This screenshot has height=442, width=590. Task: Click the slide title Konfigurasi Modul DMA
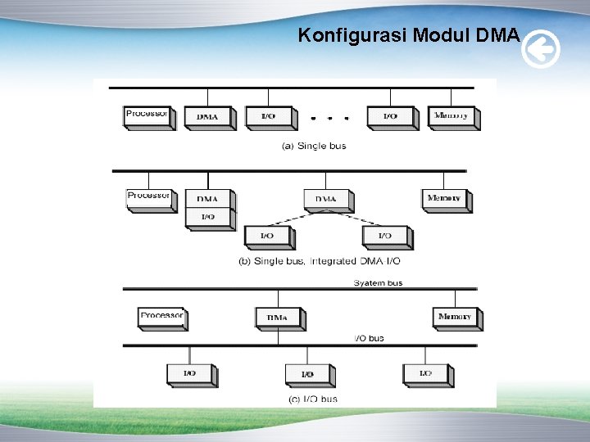(408, 35)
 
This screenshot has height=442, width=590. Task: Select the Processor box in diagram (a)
(147, 115)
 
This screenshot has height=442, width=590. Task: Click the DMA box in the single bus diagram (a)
(208, 117)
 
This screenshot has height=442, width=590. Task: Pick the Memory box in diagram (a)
(452, 116)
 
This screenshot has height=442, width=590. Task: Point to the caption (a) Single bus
(314, 146)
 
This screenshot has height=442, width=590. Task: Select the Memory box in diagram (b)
(445, 198)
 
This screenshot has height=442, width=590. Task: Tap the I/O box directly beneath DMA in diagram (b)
(208, 218)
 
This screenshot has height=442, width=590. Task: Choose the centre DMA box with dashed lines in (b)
(326, 199)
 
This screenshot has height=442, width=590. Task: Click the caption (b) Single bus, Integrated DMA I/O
(320, 261)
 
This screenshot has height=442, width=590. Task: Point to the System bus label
(378, 282)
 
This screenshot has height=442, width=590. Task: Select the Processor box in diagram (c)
(161, 316)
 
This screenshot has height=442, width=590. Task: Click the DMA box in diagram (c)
(278, 318)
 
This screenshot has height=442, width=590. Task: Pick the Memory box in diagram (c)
(456, 317)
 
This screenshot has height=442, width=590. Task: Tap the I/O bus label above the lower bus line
(369, 337)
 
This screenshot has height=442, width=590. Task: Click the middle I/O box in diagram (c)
(308, 374)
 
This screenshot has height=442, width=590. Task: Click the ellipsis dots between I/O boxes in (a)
(329, 118)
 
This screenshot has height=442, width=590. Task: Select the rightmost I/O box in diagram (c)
(426, 373)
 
